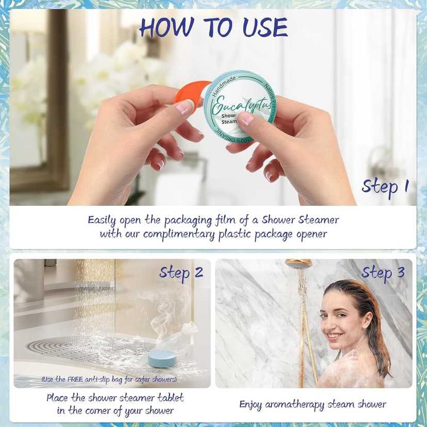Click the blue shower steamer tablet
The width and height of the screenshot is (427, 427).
161,358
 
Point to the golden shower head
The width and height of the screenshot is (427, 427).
299,264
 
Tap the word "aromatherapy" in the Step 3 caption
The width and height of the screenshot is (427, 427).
292,404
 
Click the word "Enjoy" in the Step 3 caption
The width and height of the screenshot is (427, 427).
252,404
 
